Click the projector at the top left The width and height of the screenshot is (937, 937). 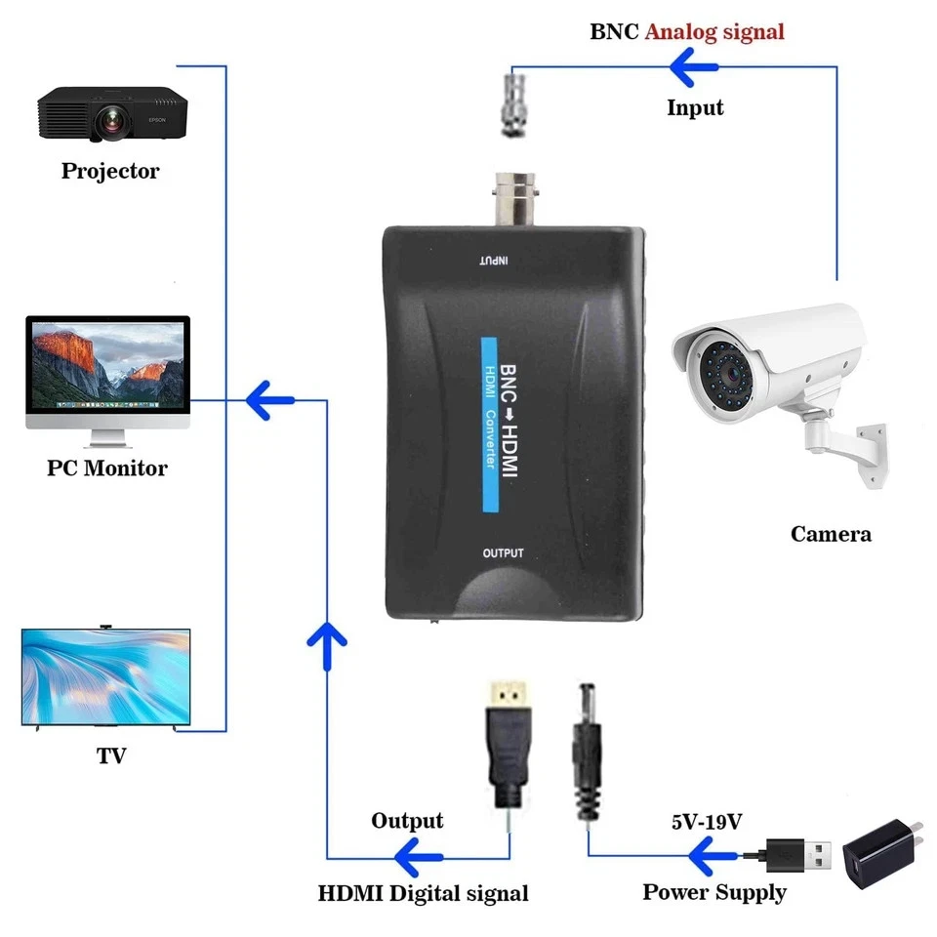(x=112, y=113)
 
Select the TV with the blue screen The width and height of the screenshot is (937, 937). (x=106, y=676)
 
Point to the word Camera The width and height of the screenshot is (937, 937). (x=831, y=534)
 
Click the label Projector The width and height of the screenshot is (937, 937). (x=110, y=172)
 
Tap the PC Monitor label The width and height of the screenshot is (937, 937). (x=107, y=468)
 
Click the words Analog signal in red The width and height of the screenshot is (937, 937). (x=714, y=31)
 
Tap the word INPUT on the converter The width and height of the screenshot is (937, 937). (x=495, y=261)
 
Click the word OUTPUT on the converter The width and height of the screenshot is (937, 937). (x=504, y=553)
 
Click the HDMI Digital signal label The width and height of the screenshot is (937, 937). (x=424, y=892)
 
